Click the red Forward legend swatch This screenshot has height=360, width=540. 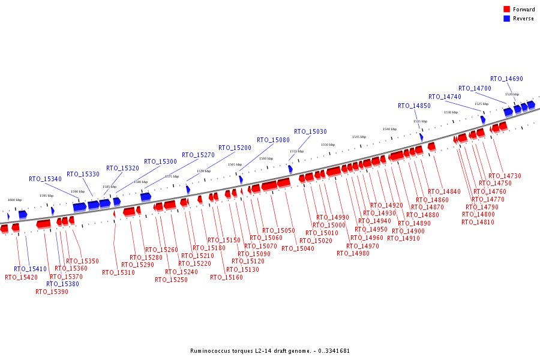(x=506, y=10)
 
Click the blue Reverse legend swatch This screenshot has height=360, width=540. (x=506, y=19)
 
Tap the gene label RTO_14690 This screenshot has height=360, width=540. (x=506, y=79)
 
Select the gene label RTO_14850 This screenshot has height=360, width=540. (x=414, y=106)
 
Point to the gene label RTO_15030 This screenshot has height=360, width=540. (x=310, y=131)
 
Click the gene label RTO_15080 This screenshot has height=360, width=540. (x=273, y=140)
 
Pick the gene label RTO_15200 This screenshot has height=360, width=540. (x=235, y=148)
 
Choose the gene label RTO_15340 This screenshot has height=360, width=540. (x=45, y=179)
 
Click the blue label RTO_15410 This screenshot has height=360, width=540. (x=30, y=269)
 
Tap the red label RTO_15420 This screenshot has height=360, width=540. (x=21, y=277)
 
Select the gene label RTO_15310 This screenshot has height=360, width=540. (x=118, y=272)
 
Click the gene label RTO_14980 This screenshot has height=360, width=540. (x=353, y=253)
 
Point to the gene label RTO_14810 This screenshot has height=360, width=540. (x=478, y=222)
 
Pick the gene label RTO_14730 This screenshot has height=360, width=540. (x=505, y=176)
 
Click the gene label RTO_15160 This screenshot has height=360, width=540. (x=226, y=277)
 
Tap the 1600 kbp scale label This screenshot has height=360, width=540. (x=14, y=200)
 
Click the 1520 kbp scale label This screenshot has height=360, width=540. (x=512, y=94)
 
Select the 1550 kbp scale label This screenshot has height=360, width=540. (x=328, y=145)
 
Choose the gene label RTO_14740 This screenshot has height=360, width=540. (x=445, y=97)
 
